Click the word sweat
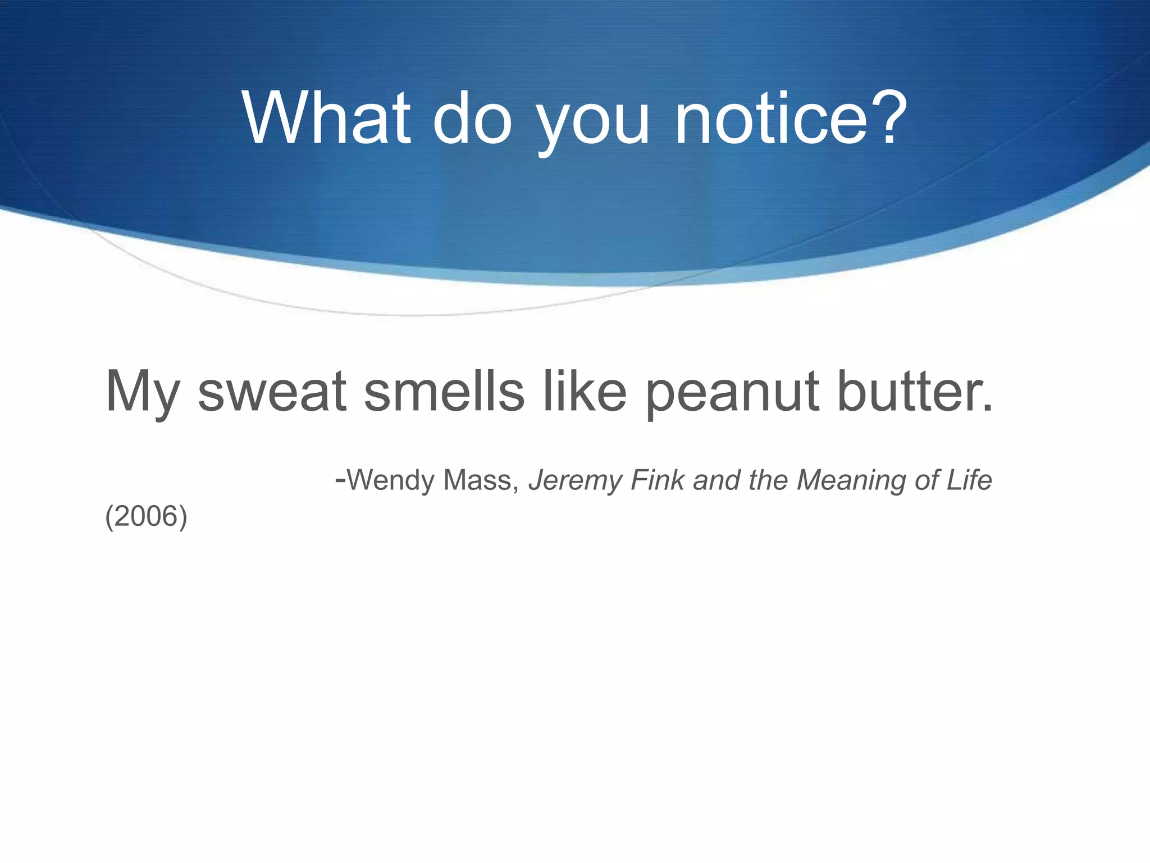point(272,392)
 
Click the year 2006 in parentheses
point(146,516)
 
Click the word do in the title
point(472,119)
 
